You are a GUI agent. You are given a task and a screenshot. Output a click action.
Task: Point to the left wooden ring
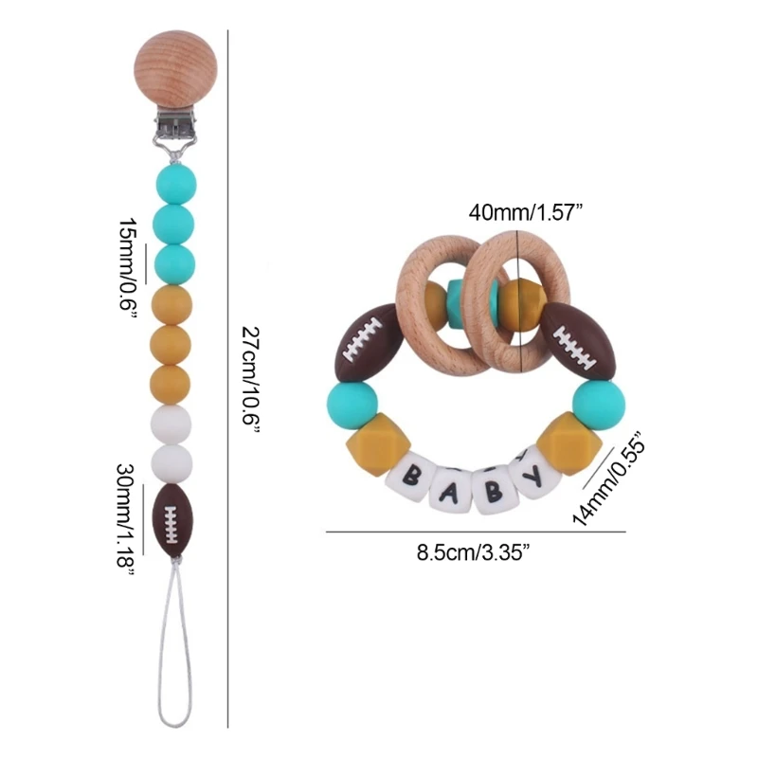(x=435, y=294)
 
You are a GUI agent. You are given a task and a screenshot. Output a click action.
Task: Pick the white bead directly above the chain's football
(x=172, y=463)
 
